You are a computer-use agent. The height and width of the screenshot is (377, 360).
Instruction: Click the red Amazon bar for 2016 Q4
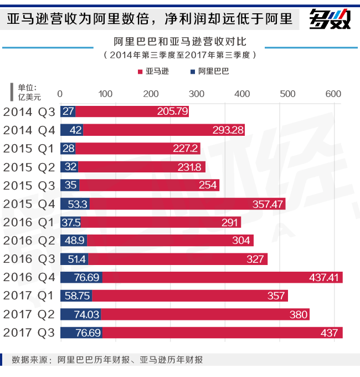222,277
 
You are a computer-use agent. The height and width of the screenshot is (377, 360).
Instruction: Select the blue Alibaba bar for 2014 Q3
68,111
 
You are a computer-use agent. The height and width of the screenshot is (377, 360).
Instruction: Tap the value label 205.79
172,111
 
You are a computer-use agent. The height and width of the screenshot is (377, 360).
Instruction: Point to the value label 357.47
268,204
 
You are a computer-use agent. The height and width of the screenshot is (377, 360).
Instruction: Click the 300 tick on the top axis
197,94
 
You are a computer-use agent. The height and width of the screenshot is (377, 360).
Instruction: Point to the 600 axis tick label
333,94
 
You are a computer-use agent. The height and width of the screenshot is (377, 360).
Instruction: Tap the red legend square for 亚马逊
140,72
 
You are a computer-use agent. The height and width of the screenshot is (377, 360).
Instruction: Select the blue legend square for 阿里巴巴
192,72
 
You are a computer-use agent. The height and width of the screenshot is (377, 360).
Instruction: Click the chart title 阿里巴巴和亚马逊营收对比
179,42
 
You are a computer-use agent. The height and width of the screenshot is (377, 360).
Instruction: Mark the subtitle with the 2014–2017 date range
179,55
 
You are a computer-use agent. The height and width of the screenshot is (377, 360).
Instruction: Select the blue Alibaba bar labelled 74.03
80,314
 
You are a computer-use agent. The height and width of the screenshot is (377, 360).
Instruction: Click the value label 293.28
228,130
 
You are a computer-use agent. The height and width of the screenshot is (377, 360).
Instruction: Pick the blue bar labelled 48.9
73,241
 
